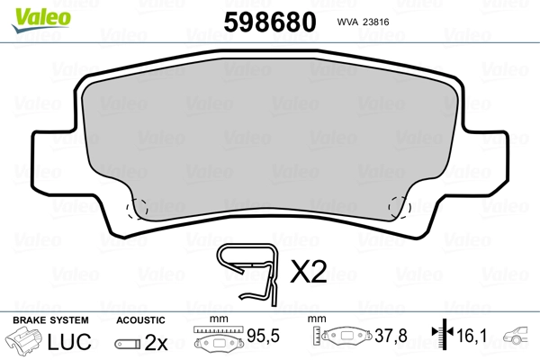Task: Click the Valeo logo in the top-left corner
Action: (x=41, y=20)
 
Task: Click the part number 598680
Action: (x=270, y=22)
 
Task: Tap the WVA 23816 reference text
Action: (x=363, y=22)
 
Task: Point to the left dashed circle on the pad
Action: (x=137, y=208)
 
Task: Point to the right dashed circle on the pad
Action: (x=400, y=207)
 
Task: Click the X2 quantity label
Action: (x=308, y=272)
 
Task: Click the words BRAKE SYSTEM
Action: (x=50, y=320)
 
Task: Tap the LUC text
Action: (x=69, y=342)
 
